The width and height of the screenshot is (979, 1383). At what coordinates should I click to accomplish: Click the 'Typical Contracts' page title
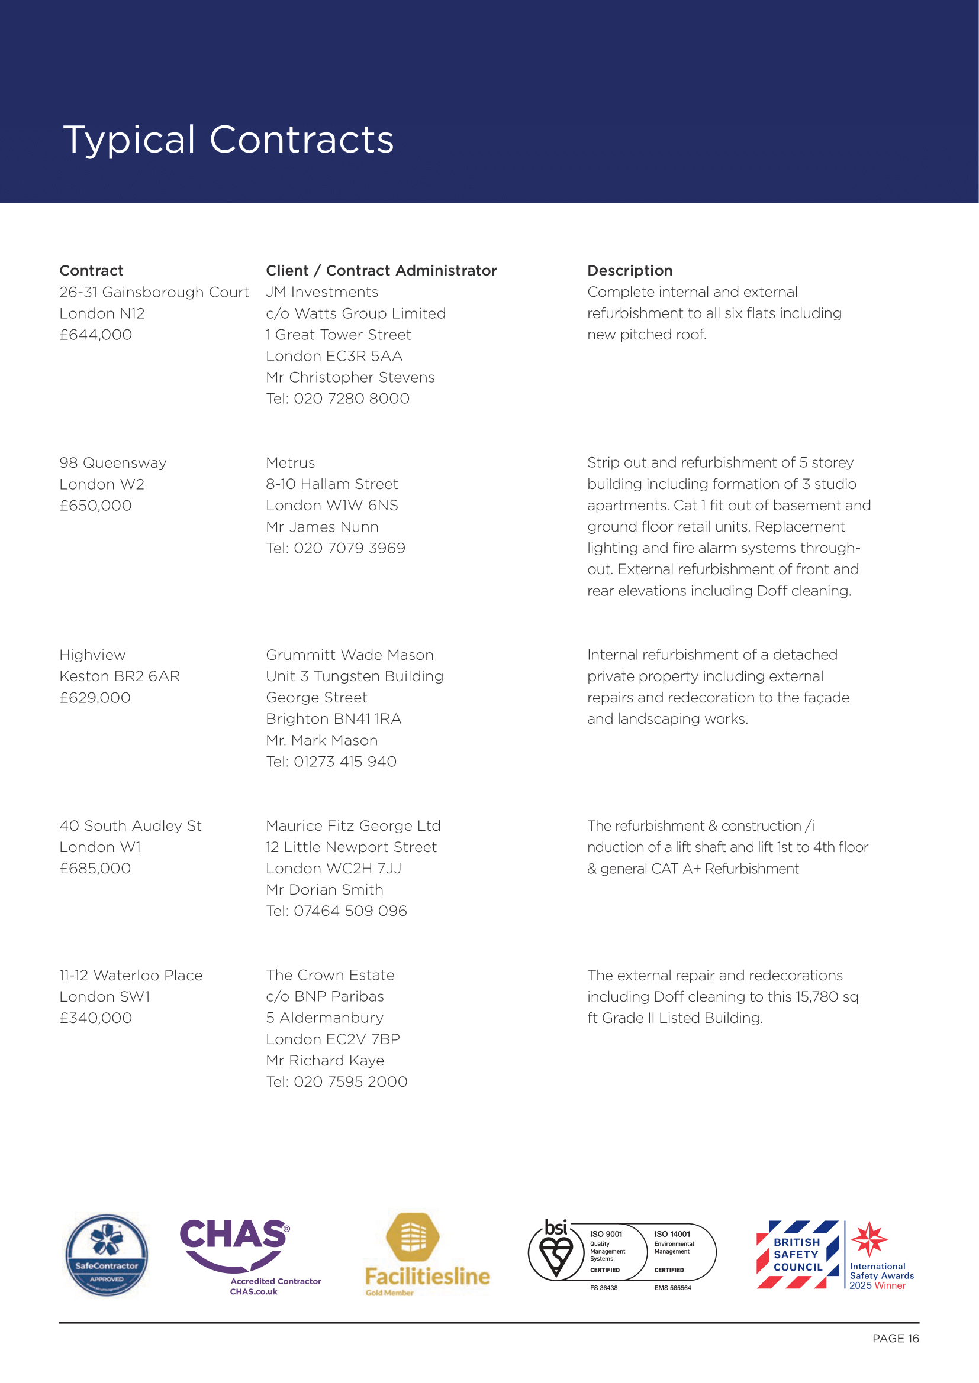tap(228, 140)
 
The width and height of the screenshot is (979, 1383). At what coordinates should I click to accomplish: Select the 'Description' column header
tap(629, 270)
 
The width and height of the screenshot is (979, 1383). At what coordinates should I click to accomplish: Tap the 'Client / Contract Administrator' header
tap(381, 270)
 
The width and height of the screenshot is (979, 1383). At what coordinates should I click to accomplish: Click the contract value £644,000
tap(95, 335)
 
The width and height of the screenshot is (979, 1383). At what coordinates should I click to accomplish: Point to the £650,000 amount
tap(95, 506)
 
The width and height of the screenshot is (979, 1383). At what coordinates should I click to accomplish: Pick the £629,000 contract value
tap(95, 698)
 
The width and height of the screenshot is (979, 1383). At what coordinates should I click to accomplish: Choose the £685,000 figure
tap(95, 868)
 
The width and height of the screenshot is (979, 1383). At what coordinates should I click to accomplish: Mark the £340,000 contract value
tap(95, 1018)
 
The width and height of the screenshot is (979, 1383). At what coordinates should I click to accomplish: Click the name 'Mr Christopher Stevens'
tap(350, 377)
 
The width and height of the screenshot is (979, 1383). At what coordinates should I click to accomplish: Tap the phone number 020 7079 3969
tap(349, 548)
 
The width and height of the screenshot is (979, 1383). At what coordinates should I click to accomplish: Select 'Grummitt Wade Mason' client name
tap(350, 655)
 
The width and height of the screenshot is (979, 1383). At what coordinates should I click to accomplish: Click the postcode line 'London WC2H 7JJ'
tap(333, 868)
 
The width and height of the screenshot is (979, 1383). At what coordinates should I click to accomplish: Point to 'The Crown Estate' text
tap(330, 974)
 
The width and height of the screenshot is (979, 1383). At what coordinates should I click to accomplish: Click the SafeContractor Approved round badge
tap(107, 1254)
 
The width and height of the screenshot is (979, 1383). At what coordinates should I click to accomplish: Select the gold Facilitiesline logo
tap(426, 1254)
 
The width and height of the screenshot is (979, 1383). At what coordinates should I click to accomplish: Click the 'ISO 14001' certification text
tap(672, 1233)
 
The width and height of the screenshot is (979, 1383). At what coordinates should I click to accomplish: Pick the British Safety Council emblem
tap(797, 1254)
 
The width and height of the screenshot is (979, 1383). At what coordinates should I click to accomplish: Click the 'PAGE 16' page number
tap(895, 1339)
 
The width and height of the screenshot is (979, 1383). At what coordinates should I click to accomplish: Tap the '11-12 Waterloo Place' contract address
tap(131, 975)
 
